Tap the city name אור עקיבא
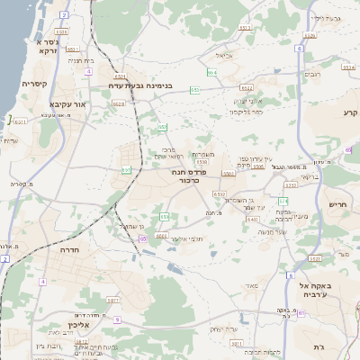click(67, 104)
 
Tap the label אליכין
click(55, 325)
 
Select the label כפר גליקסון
click(246, 112)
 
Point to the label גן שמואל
click(130, 227)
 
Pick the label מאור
click(251, 285)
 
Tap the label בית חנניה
click(81, 60)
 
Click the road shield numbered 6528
click(119, 104)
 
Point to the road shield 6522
click(247, 88)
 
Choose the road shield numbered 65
click(142, 239)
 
